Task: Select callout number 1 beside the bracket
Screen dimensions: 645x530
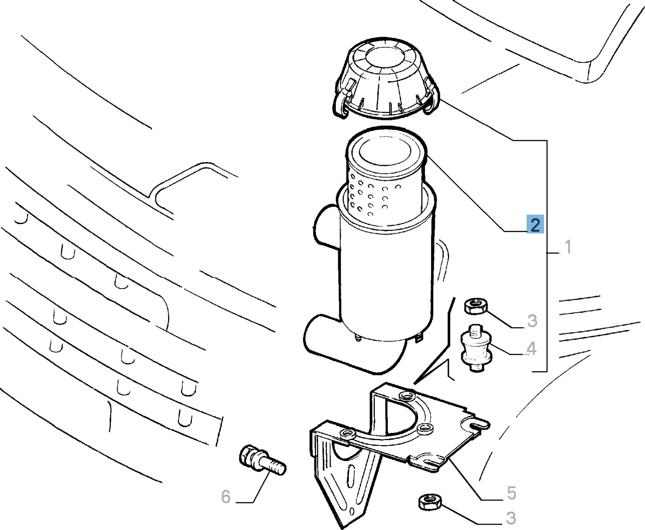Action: [x=568, y=247]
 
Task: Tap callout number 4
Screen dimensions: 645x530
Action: [x=532, y=349]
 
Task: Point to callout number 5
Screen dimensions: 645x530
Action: [x=511, y=493]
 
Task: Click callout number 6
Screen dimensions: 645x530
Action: [x=226, y=497]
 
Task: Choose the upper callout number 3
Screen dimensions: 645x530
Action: [x=532, y=321]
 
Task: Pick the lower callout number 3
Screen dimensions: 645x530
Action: [x=511, y=518]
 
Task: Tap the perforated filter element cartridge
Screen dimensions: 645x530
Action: [x=386, y=175]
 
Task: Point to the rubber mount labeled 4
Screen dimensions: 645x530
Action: [x=476, y=349]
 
